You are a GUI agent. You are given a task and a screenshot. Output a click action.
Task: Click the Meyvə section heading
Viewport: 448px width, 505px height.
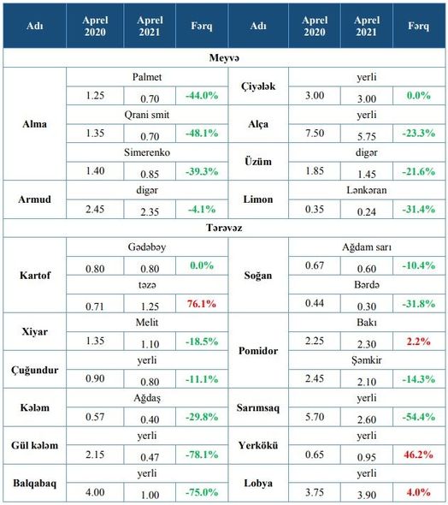(x=224, y=58)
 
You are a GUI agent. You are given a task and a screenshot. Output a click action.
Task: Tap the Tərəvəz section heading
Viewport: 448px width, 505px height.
(x=224, y=228)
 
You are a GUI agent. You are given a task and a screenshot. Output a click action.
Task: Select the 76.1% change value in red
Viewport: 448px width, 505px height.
(x=202, y=303)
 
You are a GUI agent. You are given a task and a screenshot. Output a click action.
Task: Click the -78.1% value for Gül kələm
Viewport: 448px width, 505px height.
(x=202, y=454)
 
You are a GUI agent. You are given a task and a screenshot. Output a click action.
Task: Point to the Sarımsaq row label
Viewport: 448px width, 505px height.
(x=258, y=407)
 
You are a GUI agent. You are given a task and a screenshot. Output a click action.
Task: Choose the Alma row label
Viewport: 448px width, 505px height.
(x=35, y=124)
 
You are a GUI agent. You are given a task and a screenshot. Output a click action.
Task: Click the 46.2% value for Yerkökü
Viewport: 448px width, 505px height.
(x=418, y=454)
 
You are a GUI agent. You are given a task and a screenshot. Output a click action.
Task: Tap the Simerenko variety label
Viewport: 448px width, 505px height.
(x=147, y=152)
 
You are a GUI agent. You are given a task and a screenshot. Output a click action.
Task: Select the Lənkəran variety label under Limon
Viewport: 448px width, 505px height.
(x=367, y=190)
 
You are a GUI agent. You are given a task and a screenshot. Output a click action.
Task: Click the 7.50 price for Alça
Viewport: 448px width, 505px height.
(x=315, y=133)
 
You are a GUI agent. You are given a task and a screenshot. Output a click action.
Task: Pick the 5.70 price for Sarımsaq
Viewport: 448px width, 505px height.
(x=315, y=417)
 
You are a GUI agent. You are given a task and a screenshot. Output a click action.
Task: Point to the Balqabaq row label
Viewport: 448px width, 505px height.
(x=35, y=484)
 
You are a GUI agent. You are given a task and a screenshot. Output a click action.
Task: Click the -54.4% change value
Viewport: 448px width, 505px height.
(x=418, y=417)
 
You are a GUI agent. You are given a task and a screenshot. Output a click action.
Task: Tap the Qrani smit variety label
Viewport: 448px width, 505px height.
(x=147, y=115)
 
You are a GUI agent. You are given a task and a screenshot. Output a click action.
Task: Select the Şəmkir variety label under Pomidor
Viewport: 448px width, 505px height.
(x=367, y=360)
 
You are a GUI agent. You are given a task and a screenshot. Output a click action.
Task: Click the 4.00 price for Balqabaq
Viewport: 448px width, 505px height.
(x=95, y=492)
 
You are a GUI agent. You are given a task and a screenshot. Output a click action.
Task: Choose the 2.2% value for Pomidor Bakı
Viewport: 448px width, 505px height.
(x=418, y=341)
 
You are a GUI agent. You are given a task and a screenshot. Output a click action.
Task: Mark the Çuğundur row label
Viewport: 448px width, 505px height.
(x=35, y=370)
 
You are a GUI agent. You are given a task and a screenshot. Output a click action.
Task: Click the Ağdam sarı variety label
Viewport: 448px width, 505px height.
(x=367, y=247)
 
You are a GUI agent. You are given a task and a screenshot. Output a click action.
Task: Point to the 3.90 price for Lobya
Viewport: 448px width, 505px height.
(x=367, y=495)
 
